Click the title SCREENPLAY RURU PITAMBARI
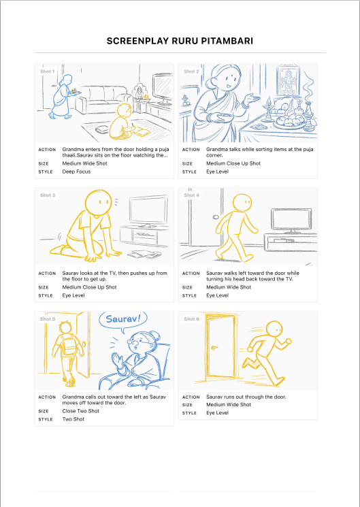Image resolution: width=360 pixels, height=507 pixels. point(180,42)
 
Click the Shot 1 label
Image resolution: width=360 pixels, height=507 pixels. point(47,71)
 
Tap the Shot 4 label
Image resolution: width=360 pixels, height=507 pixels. point(191,195)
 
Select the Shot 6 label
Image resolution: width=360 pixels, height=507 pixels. point(191,318)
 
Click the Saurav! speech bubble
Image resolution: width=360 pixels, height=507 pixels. point(122,319)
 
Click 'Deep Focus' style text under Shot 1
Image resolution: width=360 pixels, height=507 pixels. point(76,171)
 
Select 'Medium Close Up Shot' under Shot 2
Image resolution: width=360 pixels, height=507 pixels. point(233,163)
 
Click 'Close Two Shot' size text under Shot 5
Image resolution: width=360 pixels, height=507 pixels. point(79,411)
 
